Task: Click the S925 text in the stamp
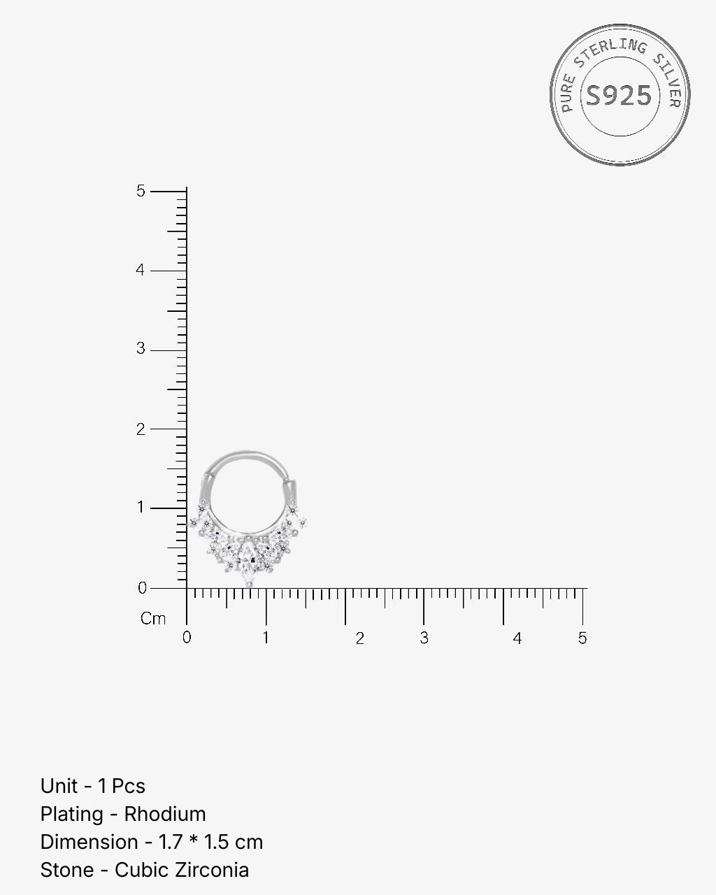618,96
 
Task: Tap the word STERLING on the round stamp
610,51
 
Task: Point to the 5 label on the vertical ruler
141,191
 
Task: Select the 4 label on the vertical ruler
141,270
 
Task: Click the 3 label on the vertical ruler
141,349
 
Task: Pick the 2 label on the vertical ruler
141,429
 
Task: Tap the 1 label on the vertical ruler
141,508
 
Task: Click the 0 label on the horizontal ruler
187,638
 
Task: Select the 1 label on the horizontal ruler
266,638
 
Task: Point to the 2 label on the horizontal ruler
359,638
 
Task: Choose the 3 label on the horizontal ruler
424,638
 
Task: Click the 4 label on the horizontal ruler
517,638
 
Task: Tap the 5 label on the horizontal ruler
582,638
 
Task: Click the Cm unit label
153,619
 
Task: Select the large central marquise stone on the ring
248,557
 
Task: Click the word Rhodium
165,814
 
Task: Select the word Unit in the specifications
59,786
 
